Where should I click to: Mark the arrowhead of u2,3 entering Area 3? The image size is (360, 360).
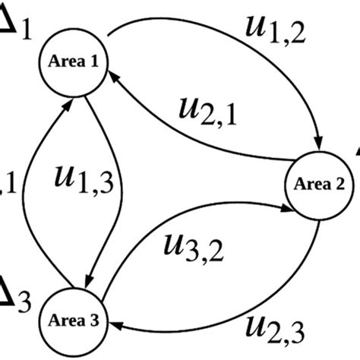pyautogui.click(x=119, y=325)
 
